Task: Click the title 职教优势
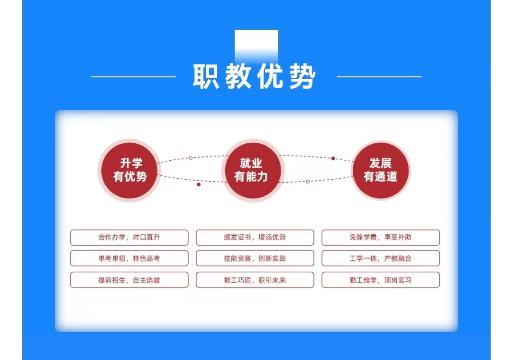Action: click(x=255, y=76)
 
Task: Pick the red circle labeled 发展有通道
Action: click(x=380, y=170)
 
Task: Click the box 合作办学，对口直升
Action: click(x=129, y=237)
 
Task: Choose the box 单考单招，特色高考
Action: click(x=129, y=258)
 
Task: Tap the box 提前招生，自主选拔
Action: click(x=129, y=280)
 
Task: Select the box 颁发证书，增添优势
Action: click(x=255, y=237)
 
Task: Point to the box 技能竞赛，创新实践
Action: click(x=255, y=258)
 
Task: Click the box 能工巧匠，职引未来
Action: click(x=255, y=280)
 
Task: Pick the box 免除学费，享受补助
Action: click(x=380, y=237)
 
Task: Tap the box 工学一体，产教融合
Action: click(x=380, y=258)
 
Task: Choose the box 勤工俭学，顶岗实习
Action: click(x=380, y=280)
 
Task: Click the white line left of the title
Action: click(x=133, y=76)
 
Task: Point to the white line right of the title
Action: click(x=379, y=76)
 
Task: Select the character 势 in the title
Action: click(x=302, y=76)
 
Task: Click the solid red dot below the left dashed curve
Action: click(x=199, y=185)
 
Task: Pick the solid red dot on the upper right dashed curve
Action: click(x=333, y=158)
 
